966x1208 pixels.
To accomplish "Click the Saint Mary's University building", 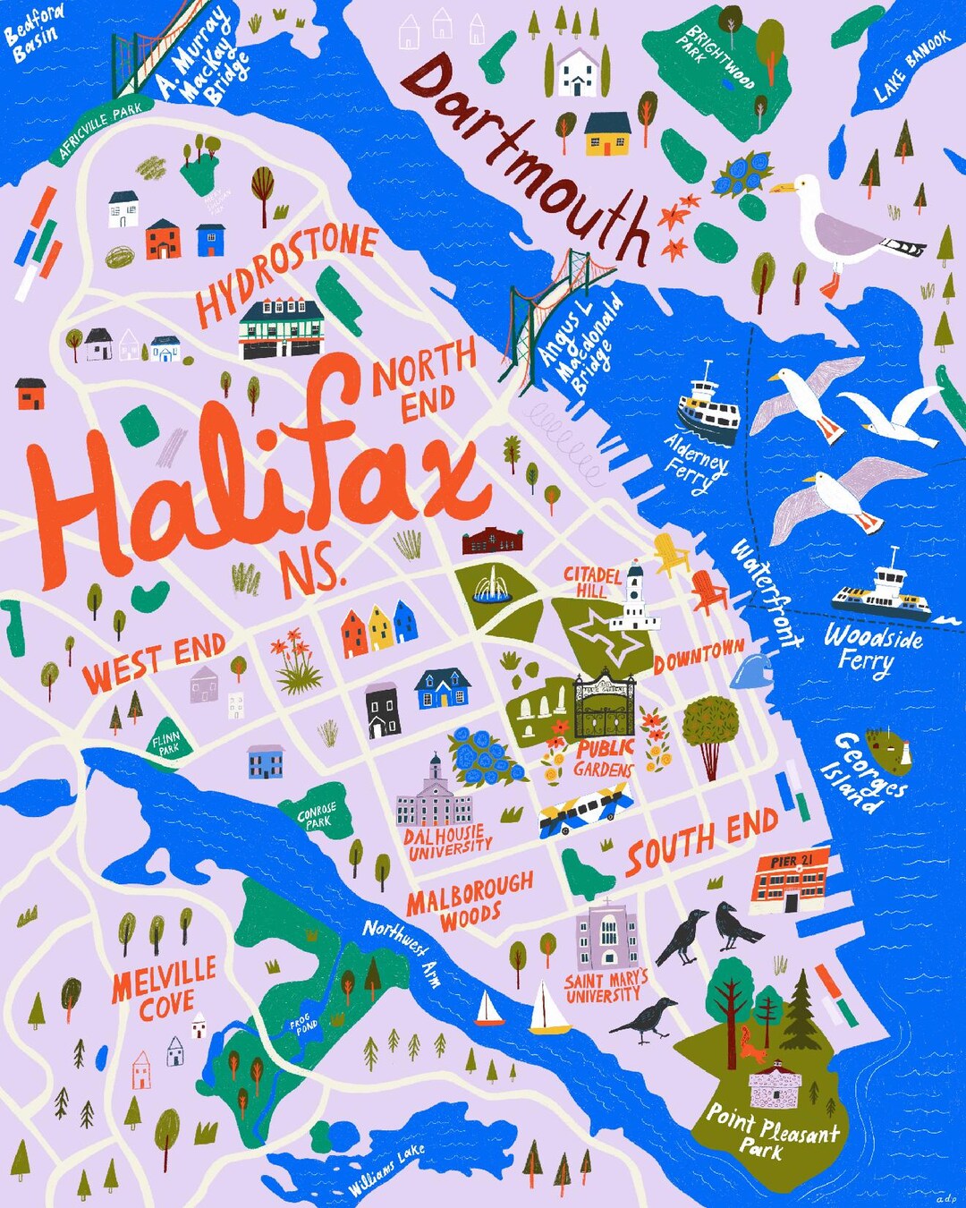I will (x=607, y=935).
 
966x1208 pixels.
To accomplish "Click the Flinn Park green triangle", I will (x=166, y=741).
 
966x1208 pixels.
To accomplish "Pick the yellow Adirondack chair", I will (x=671, y=555).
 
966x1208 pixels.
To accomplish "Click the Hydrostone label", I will (x=286, y=272).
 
